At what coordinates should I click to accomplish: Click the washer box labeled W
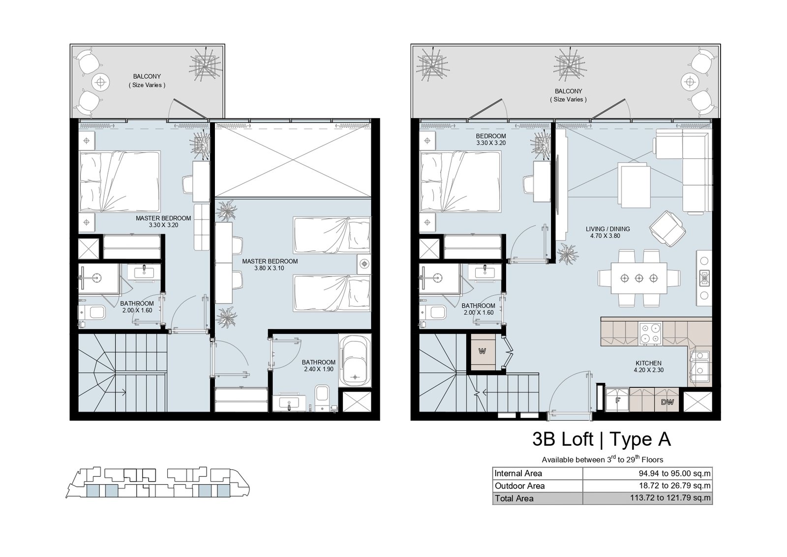[x=483, y=351]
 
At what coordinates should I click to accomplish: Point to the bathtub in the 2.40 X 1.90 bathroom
[x=355, y=361]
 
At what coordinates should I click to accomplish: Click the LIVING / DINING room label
[x=607, y=229]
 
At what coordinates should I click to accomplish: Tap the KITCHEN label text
[x=648, y=363]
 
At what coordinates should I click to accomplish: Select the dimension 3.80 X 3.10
[x=269, y=268]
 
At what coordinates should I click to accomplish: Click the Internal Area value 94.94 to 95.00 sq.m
[x=674, y=473]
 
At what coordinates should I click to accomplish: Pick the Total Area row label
[x=514, y=498]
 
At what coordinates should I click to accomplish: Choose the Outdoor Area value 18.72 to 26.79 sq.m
[x=674, y=486]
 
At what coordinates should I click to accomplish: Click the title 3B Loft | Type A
[x=602, y=439]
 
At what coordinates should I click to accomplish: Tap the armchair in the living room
[x=667, y=229]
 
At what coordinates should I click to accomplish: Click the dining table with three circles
[x=639, y=278]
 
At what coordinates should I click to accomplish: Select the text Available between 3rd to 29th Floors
[x=602, y=459]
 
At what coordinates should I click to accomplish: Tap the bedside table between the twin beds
[x=364, y=264]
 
